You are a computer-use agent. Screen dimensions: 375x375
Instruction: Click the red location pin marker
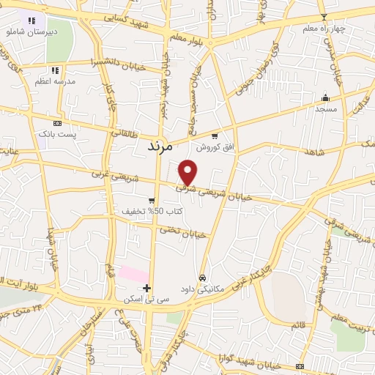[x=188, y=171]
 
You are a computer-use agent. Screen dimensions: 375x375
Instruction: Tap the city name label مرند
[x=155, y=146]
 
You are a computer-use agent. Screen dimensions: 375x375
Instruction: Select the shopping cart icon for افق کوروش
[x=215, y=135]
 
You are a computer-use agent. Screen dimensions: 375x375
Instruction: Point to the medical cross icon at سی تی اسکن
[x=147, y=288]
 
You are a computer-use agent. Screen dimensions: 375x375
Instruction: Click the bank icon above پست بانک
[x=58, y=124]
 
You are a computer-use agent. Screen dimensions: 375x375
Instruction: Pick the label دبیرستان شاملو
[x=31, y=33]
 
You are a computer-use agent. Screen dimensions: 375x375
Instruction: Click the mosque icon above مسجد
[x=325, y=97]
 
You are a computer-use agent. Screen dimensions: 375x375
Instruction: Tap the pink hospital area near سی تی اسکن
[x=133, y=274]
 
